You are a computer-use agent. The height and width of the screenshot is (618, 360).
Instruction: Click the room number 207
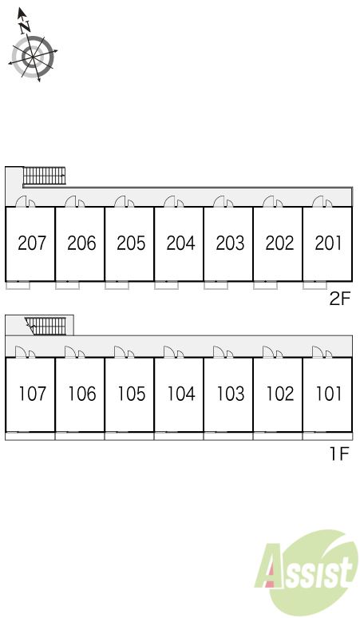[32, 244]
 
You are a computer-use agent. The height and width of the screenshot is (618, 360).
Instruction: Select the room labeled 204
[180, 244]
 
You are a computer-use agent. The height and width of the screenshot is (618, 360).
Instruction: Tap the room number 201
[328, 244]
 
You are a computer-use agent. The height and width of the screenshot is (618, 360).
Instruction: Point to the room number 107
[33, 394]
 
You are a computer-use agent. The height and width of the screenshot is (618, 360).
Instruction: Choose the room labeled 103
[231, 394]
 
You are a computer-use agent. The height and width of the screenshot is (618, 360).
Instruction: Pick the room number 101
[330, 394]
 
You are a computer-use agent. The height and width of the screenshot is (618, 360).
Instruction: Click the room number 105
[132, 394]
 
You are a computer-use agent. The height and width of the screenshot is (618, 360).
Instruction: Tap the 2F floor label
[339, 299]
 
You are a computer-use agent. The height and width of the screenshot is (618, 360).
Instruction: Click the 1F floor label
[339, 454]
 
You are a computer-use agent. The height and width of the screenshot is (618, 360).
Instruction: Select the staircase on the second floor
[44, 176]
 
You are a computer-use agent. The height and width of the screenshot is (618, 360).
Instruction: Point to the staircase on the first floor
[45, 326]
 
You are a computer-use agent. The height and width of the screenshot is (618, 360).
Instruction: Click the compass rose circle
[33, 57]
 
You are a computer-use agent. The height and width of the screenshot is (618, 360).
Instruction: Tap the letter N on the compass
[26, 26]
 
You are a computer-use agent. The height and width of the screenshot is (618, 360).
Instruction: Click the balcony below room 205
[117, 285]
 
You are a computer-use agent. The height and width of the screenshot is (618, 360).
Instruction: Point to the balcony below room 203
[216, 285]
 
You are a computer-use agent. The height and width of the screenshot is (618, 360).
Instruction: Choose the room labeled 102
[280, 394]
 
